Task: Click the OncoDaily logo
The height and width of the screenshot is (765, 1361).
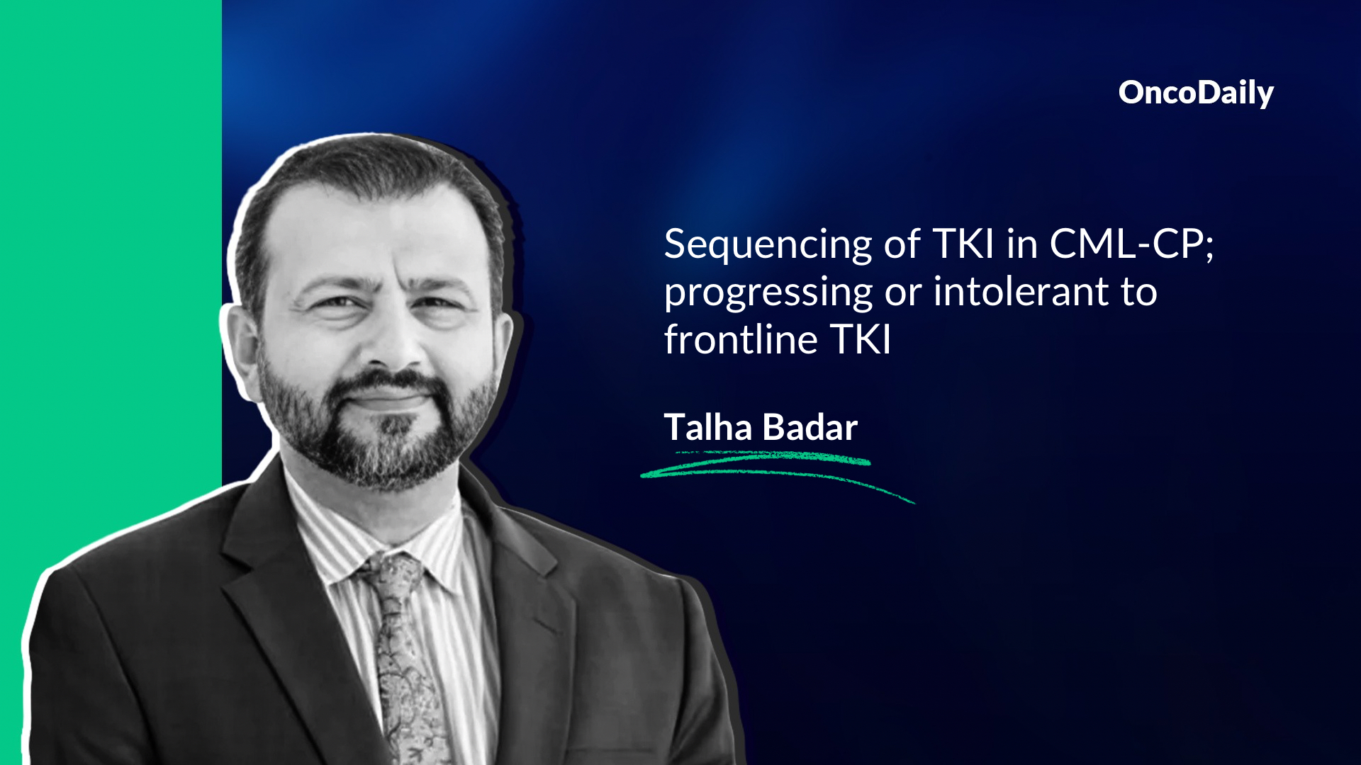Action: [x=1196, y=93]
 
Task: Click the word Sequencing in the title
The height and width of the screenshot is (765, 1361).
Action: [x=768, y=246]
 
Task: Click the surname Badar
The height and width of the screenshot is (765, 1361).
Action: [x=810, y=427]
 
